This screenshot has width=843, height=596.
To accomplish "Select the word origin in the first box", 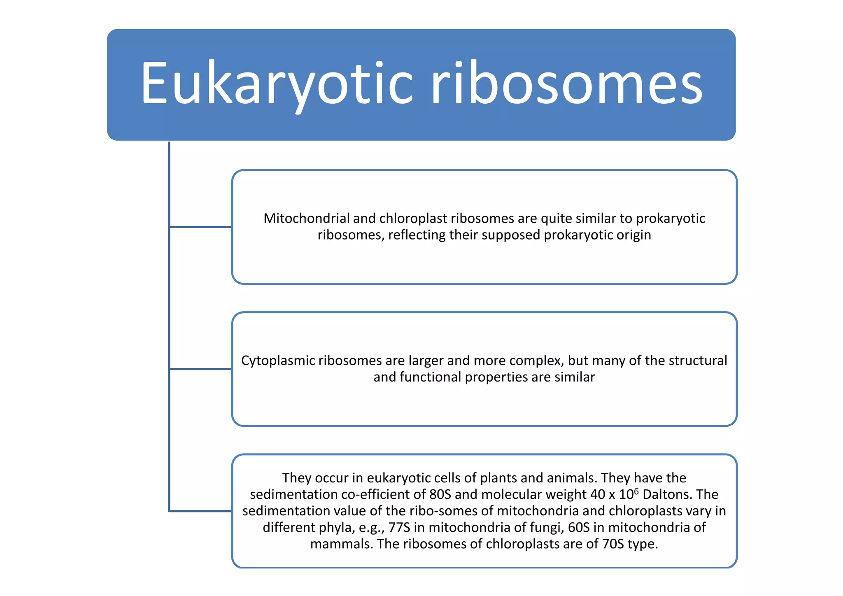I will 633,235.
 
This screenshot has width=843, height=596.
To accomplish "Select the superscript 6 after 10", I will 636,491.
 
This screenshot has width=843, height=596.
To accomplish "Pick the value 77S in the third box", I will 399,527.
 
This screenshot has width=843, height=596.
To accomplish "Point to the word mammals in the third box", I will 341,544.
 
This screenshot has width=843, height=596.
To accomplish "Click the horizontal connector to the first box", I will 200,227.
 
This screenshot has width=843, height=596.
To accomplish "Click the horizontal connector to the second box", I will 200,369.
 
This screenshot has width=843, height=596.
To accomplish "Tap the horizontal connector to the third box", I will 200,511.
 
